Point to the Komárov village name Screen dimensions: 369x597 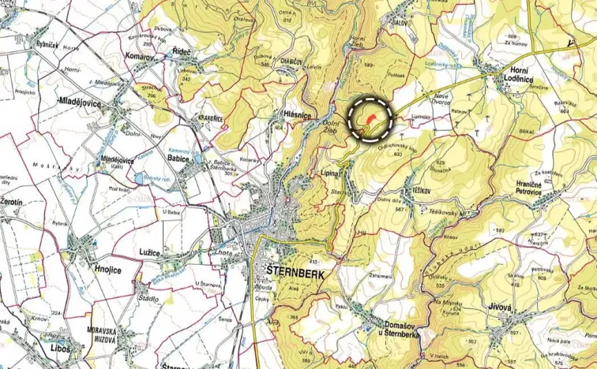click(143, 57)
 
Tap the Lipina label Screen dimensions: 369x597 click(330, 172)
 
